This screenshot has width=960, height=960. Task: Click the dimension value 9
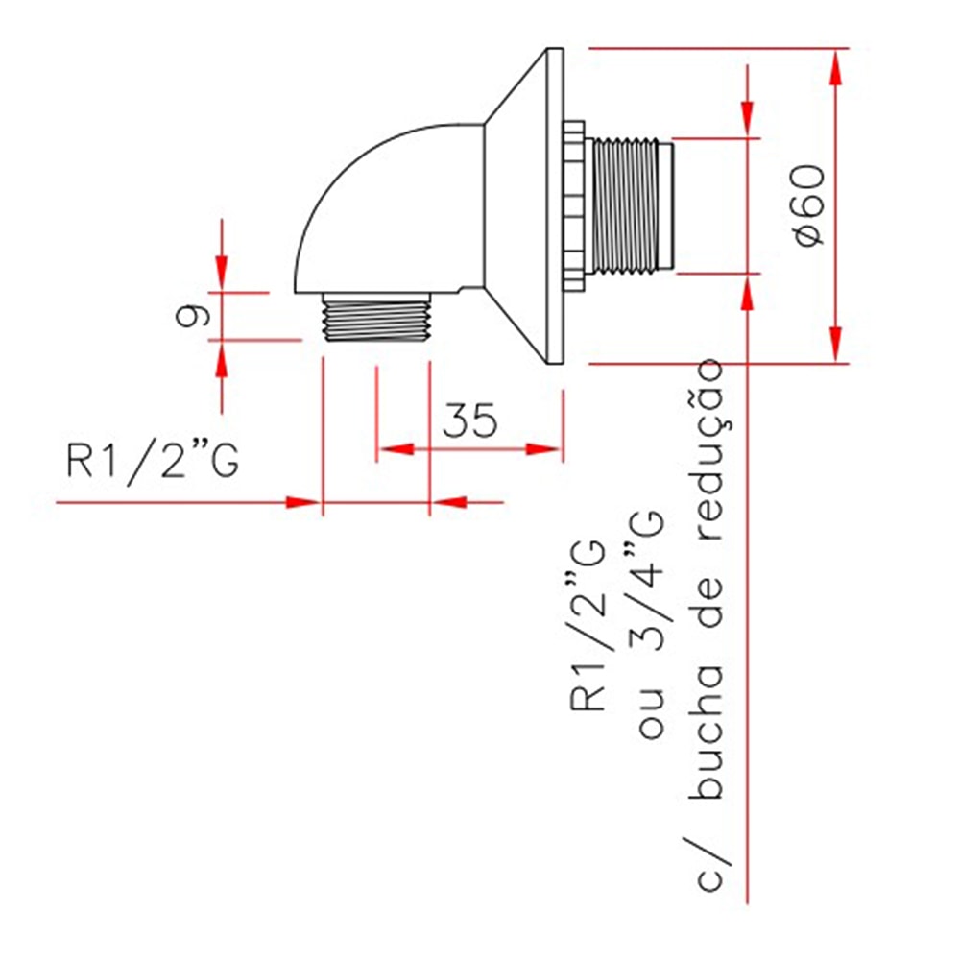click(x=193, y=315)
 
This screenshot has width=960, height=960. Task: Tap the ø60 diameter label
click(x=808, y=204)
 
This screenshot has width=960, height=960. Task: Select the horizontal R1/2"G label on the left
click(x=152, y=463)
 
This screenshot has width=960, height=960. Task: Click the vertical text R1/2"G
click(x=588, y=624)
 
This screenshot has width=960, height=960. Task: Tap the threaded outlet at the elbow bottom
click(x=376, y=318)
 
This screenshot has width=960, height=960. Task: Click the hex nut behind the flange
click(x=574, y=205)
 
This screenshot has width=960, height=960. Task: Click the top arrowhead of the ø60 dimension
click(x=836, y=63)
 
